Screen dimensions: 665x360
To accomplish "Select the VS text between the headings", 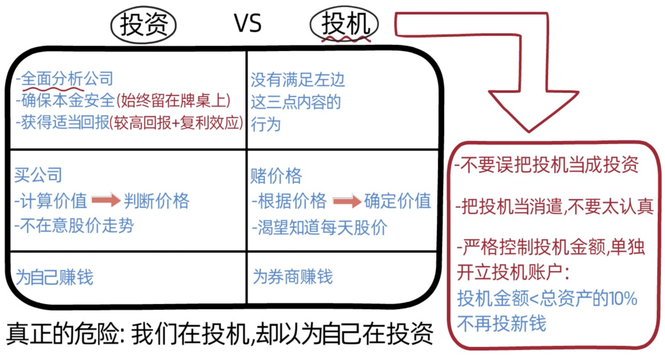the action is point(248,23).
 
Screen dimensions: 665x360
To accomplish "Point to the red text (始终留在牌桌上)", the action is point(173,100).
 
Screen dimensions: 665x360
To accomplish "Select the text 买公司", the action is point(38,175).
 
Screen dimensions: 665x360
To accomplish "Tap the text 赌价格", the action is point(276,176).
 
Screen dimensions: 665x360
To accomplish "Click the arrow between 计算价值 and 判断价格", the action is point(106,200).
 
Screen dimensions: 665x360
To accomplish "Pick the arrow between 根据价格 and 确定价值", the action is point(347,201).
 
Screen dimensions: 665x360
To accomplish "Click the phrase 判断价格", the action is point(156,201).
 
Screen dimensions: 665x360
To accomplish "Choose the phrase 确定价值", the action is point(398,201).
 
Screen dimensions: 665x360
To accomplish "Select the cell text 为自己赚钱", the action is point(55,277).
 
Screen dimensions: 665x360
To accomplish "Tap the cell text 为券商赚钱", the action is point(293,277).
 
